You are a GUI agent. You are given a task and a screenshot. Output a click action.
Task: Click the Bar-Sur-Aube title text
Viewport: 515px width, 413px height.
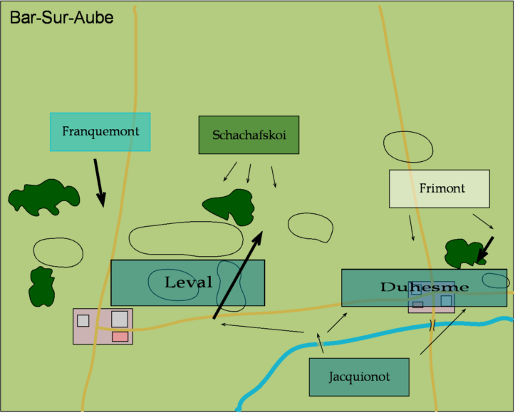click(x=61, y=17)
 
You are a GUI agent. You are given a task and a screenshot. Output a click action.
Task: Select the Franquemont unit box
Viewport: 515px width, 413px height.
click(x=100, y=132)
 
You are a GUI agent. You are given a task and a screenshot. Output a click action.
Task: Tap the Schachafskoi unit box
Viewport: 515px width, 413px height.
click(x=249, y=135)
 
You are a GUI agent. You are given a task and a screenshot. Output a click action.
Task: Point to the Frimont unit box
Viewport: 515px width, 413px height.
click(x=439, y=189)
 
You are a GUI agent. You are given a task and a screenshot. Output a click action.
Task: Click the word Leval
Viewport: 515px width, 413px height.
click(x=189, y=282)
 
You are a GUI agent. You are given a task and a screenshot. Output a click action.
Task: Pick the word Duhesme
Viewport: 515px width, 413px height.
click(x=425, y=287)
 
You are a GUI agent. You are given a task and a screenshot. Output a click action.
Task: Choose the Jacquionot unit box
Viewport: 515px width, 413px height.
click(x=359, y=377)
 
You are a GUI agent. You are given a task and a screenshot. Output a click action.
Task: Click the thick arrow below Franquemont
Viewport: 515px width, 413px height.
click(x=100, y=182)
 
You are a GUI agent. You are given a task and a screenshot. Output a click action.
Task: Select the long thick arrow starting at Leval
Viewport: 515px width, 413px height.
click(x=238, y=274)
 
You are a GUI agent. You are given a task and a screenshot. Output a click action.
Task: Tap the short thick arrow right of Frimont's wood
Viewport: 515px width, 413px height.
click(x=485, y=248)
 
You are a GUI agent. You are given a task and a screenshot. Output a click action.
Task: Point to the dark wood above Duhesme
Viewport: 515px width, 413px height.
click(x=464, y=253)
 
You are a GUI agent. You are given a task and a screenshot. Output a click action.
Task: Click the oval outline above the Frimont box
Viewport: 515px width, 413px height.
click(x=407, y=146)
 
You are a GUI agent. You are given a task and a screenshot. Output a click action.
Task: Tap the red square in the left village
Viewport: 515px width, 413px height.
click(x=120, y=336)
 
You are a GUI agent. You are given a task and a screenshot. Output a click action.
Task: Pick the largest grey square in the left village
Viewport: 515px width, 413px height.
click(x=120, y=319)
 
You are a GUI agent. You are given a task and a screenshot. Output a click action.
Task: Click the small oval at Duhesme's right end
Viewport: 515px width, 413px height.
click(x=495, y=280)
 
